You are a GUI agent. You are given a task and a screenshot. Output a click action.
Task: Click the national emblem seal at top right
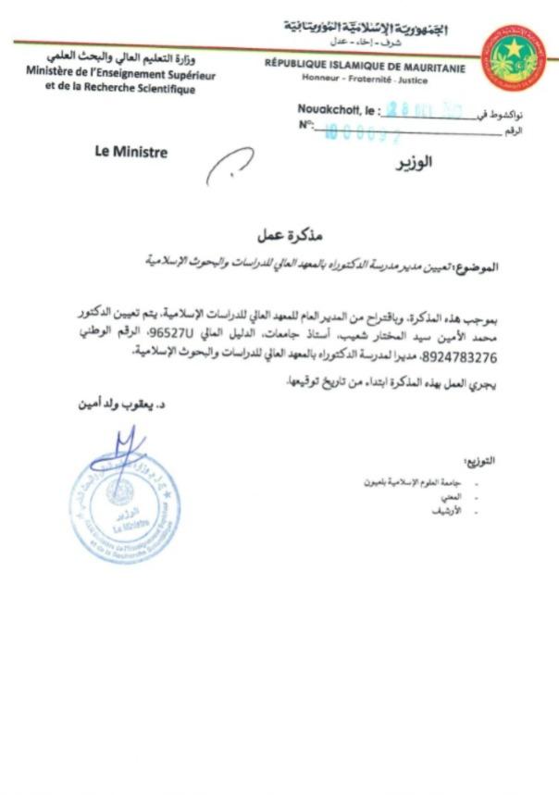pyautogui.click(x=513, y=57)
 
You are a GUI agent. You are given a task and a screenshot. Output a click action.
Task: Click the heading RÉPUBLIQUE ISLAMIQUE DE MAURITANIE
pyautogui.click(x=365, y=66)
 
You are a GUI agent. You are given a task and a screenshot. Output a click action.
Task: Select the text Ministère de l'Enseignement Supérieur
pyautogui.click(x=121, y=74)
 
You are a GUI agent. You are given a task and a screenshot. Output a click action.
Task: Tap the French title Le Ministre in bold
pyautogui.click(x=130, y=152)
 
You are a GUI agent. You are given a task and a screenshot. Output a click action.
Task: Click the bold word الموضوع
pyautogui.click(x=477, y=266)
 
